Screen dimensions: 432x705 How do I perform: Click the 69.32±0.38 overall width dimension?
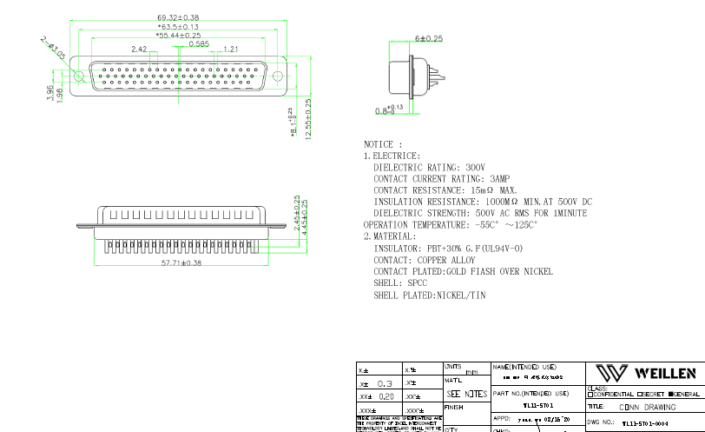tap(178, 17)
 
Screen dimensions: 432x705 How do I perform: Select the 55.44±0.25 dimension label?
tap(178, 37)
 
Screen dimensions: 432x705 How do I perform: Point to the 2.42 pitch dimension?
tap(139, 50)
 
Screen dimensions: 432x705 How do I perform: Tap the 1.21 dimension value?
tap(231, 50)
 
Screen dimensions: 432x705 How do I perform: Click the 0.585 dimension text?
tap(198, 43)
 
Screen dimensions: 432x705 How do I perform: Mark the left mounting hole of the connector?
tap(78, 76)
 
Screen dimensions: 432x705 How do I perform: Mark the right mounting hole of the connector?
tap(279, 76)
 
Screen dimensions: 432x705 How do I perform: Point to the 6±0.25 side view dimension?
tap(429, 39)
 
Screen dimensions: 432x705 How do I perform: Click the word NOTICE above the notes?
tap(382, 144)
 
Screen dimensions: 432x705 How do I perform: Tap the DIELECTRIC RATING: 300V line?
tap(429, 167)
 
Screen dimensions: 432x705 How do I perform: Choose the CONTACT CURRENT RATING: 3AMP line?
tap(442, 179)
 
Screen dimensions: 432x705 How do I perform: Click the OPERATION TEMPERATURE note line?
tap(450, 225)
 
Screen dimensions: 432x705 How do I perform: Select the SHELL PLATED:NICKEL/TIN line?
tap(430, 296)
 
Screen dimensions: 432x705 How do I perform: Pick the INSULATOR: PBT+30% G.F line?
tap(448, 249)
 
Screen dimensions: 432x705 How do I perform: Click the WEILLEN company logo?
tap(651, 374)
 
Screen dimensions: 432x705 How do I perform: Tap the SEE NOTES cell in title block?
tap(467, 394)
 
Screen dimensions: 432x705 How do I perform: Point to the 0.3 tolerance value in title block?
tap(385, 383)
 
